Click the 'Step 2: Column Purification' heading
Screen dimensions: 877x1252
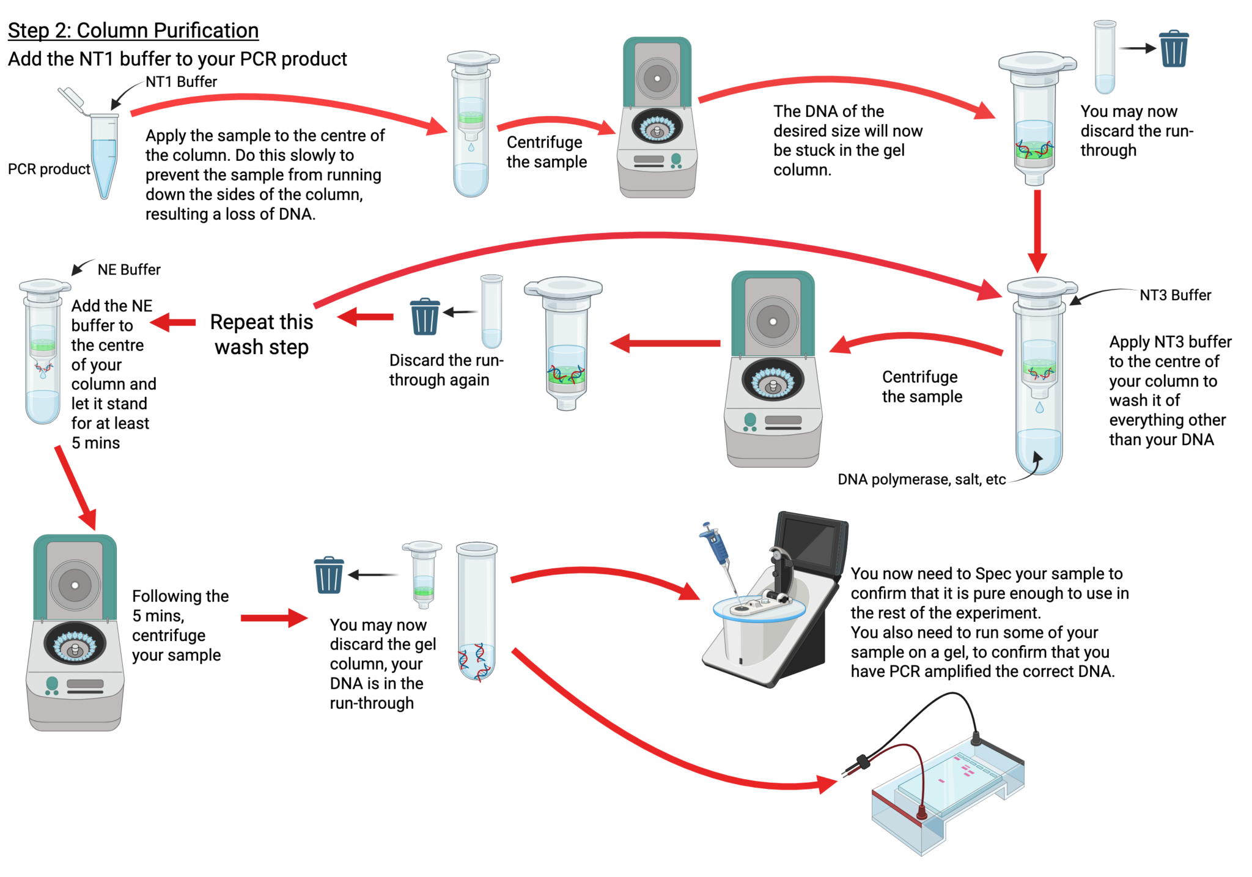(x=133, y=31)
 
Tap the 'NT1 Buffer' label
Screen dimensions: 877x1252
(x=181, y=82)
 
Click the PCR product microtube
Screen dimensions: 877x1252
(x=104, y=156)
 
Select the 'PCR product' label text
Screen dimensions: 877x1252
(x=49, y=169)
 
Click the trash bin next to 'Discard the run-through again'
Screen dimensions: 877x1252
(x=425, y=316)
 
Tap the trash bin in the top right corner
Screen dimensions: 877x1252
(x=1174, y=49)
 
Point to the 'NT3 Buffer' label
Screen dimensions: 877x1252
(x=1175, y=295)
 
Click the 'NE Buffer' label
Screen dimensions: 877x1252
(x=129, y=270)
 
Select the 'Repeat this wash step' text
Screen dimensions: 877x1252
(x=262, y=335)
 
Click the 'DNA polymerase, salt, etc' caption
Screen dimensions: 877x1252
(x=921, y=479)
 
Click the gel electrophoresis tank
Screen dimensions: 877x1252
(x=948, y=801)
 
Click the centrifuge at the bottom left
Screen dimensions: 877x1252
(x=75, y=633)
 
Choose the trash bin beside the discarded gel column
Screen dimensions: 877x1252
(x=329, y=575)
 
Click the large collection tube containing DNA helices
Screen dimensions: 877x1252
(x=477, y=612)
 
